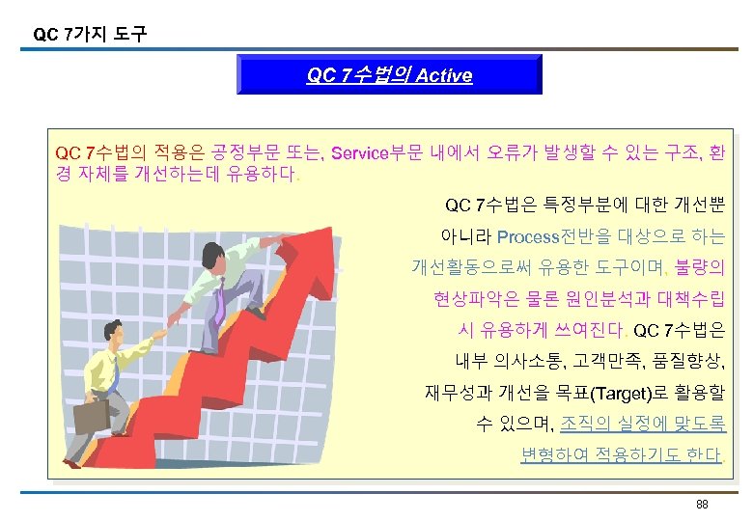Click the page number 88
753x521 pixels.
(702, 505)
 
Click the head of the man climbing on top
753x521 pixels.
(211, 255)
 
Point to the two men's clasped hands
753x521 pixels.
(171, 319)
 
